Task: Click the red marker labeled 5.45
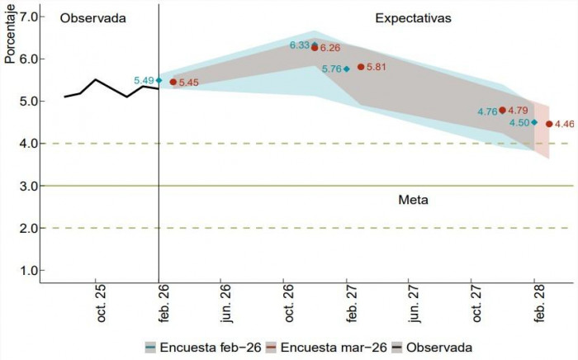pyautogui.click(x=173, y=82)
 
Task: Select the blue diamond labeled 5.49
pyautogui.click(x=159, y=80)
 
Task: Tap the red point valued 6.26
pyautogui.click(x=315, y=48)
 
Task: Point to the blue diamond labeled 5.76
pyautogui.click(x=347, y=69)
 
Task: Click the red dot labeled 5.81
pyautogui.click(x=361, y=67)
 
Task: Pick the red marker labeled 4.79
pyautogui.click(x=502, y=110)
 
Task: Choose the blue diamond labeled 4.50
pyautogui.click(x=534, y=122)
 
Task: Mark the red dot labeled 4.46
pyautogui.click(x=549, y=124)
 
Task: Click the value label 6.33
pyautogui.click(x=298, y=45)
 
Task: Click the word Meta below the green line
pyautogui.click(x=413, y=200)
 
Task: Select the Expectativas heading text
pyautogui.click(x=413, y=17)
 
